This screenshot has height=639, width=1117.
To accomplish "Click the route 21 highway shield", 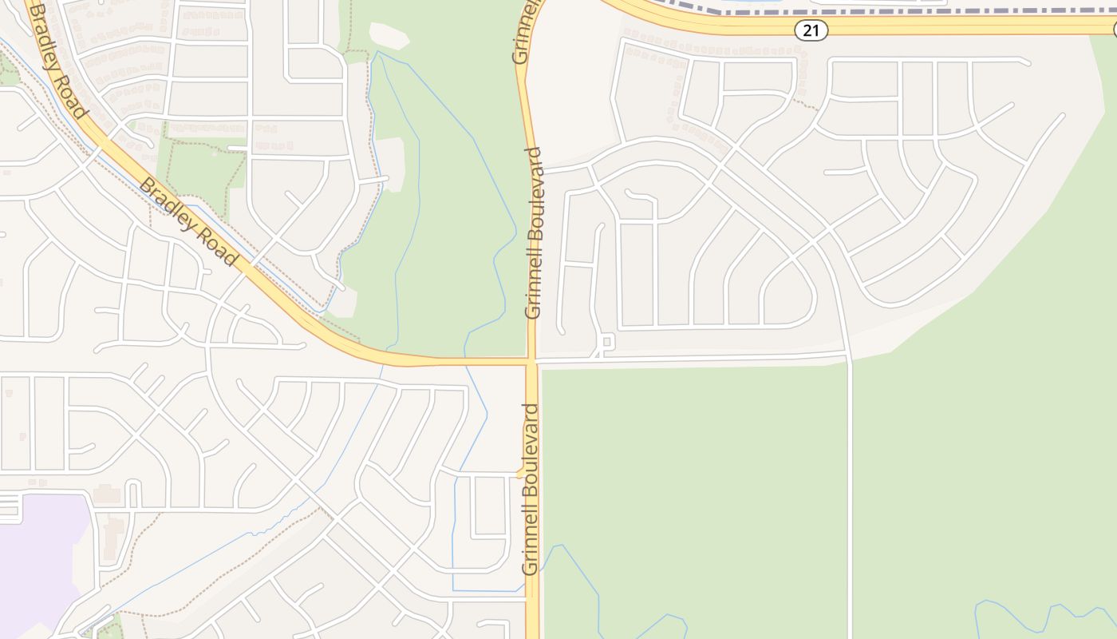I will [811, 30].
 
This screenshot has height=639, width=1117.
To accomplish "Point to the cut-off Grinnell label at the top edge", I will [523, 32].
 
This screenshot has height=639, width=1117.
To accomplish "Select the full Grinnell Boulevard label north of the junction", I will [533, 232].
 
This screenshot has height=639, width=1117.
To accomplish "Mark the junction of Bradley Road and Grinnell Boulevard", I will [532, 362].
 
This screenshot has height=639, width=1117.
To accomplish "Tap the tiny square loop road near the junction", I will [606, 343].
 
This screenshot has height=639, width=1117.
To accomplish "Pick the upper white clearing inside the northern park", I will [389, 35].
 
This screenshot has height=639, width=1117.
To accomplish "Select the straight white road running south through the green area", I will [851, 495].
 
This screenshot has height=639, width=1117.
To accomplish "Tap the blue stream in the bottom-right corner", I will [1037, 615].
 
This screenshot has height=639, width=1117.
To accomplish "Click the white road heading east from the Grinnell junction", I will [686, 359].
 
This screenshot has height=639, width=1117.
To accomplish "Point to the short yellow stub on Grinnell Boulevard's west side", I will [521, 474].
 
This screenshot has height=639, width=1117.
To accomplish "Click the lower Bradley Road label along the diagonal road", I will [187, 221].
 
